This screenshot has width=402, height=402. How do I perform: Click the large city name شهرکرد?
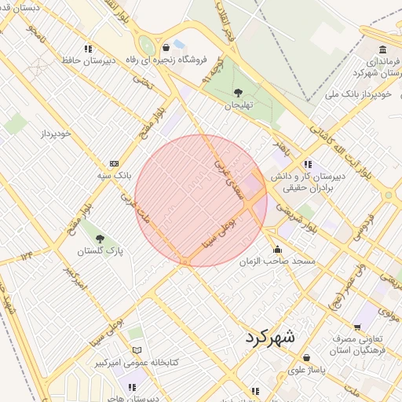click(269, 338)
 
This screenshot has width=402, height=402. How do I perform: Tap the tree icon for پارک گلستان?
click(98, 238)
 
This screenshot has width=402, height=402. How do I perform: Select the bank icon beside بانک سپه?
click(115, 163)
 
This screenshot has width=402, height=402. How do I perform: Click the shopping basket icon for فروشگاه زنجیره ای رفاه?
click(166, 48)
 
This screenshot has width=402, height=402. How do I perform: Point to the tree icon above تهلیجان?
click(238, 93)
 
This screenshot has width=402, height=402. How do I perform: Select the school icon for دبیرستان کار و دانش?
click(308, 165)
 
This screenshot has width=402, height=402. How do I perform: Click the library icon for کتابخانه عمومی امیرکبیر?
click(137, 350)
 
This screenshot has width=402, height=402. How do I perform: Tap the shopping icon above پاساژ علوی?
click(306, 358)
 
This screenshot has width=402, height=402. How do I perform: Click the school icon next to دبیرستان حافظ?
click(88, 49)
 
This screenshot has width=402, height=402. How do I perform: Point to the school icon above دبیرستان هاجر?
click(132, 387)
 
